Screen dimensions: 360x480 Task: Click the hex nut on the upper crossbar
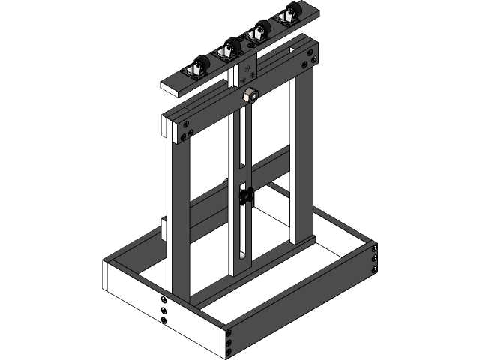[x=250, y=94]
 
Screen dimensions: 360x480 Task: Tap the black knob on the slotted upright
[x=245, y=197]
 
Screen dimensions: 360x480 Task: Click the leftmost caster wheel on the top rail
[x=199, y=65]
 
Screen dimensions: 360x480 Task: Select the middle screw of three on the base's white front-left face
[x=163, y=310]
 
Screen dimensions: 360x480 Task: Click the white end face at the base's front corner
[x=224, y=342]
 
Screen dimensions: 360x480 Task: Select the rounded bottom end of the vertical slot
[x=244, y=259]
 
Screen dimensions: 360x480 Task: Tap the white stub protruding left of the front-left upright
[x=164, y=228]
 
